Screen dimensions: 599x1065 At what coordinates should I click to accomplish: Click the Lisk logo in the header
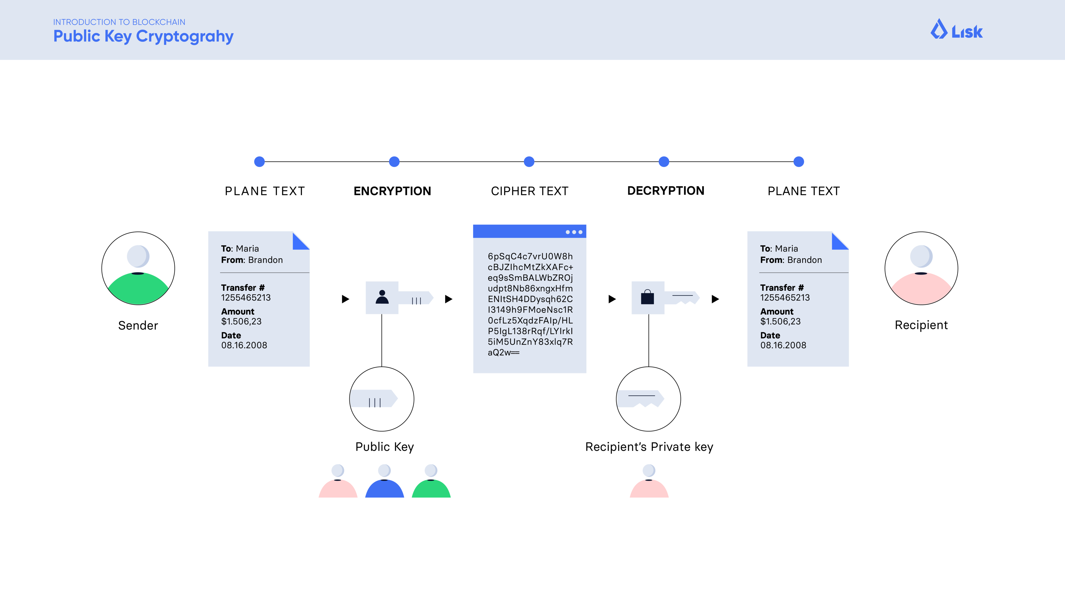pos(956,30)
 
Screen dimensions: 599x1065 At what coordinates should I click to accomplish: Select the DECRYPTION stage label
pos(666,191)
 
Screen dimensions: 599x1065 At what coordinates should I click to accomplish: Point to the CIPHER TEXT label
pos(530,191)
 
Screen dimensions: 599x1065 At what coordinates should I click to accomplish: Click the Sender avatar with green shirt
pos(138,268)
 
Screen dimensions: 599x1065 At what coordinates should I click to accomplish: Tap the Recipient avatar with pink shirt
pos(921,268)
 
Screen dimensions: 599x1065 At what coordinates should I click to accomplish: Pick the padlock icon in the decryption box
pos(648,297)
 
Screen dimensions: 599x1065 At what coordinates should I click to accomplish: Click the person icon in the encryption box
pos(382,297)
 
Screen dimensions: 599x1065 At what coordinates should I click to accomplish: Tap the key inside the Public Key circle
pos(374,399)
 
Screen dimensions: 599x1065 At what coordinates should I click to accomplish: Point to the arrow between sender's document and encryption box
pos(345,299)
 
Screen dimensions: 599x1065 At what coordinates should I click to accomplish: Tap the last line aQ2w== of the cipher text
pos(503,353)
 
